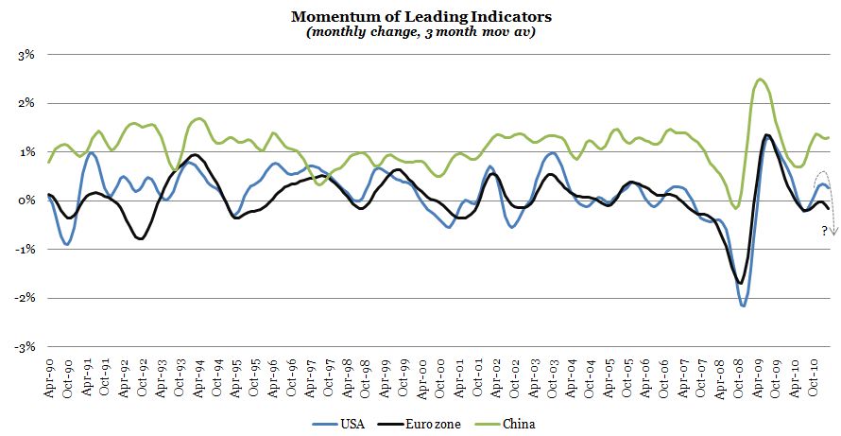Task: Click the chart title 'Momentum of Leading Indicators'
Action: tap(421, 16)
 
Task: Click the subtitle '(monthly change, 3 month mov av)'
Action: tap(421, 31)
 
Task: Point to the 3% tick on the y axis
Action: tap(25, 55)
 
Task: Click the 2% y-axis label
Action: tap(25, 103)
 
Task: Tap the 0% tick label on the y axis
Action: tap(25, 201)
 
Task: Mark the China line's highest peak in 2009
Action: tap(761, 79)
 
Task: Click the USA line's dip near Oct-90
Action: tap(66, 244)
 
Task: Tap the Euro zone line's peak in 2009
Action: tap(766, 135)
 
